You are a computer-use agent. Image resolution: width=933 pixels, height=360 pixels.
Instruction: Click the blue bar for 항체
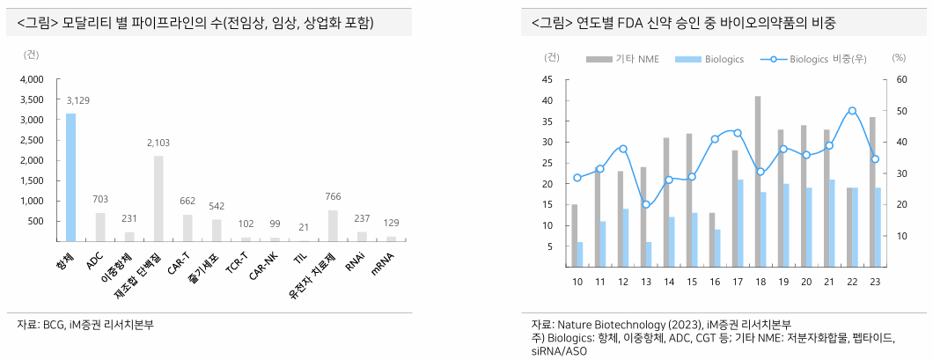coord(70,177)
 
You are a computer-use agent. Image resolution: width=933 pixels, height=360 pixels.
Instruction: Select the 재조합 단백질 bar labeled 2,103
coord(158,198)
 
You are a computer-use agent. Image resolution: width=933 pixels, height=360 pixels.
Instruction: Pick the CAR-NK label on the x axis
coord(265,263)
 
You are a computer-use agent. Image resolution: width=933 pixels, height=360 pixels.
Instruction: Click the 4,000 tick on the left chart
coord(32,79)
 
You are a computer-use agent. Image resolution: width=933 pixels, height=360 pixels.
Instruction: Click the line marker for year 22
coord(852,111)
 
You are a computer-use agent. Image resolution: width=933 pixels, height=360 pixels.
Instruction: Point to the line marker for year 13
coord(646,204)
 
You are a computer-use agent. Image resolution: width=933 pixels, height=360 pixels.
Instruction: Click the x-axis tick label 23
coord(875,282)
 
